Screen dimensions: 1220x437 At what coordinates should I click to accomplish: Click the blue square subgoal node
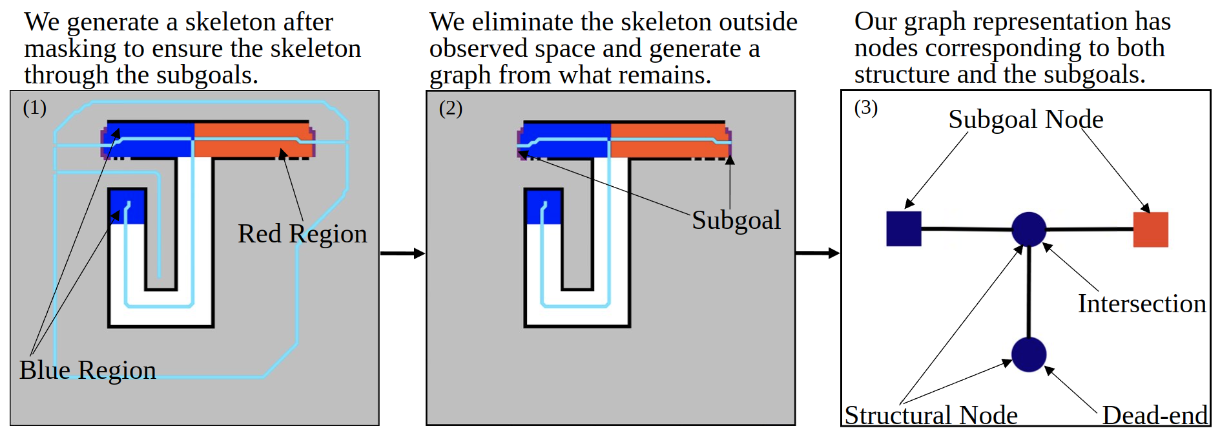coord(904,229)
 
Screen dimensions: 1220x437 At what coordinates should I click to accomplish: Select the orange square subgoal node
coord(1150,229)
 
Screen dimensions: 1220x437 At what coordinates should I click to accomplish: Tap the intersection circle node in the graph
coord(1028,229)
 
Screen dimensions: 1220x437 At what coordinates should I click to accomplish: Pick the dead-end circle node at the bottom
coord(1028,354)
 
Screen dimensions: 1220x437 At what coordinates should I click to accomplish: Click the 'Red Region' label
coord(302,234)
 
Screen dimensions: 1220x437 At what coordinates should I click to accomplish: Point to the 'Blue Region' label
coord(88,370)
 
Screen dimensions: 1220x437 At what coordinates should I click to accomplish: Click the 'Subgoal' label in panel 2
coord(736,220)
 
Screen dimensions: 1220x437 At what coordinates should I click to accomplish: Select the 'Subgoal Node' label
coord(1026,120)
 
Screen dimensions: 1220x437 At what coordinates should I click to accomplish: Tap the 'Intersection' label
coord(1141,304)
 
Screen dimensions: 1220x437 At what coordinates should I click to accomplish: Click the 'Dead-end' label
coord(1154,415)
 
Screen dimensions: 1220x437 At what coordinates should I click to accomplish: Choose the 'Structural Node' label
coord(931,415)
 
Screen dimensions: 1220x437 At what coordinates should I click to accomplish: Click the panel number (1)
coord(35,107)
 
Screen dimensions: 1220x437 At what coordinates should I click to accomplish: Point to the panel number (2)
coord(451,108)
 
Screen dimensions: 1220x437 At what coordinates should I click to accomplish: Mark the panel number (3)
coord(866,107)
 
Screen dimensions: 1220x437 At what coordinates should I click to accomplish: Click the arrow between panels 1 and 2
coord(402,253)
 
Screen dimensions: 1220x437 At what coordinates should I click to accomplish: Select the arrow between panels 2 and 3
coord(817,253)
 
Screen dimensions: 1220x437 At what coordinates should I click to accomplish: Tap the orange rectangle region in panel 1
coord(252,140)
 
